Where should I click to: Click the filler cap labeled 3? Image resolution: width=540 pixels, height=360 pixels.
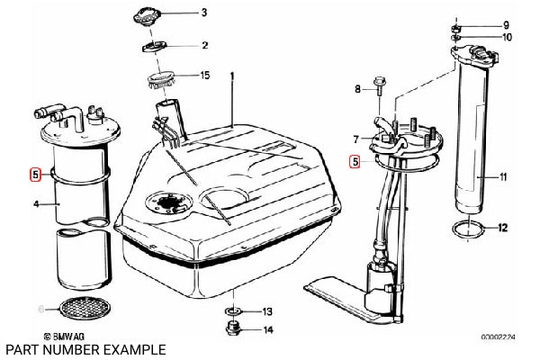147,17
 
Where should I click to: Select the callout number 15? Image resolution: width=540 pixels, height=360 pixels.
205,75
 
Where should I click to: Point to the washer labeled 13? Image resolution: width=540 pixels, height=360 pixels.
233,311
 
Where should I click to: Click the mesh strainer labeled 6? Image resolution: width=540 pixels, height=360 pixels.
85,306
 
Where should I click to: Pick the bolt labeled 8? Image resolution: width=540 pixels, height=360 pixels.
379,85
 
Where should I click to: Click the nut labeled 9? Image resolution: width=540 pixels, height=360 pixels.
455,28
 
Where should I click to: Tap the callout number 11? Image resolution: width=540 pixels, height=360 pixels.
503,177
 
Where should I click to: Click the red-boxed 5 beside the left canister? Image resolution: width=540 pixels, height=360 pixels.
35,175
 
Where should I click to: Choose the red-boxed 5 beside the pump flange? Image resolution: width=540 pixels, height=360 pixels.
355,162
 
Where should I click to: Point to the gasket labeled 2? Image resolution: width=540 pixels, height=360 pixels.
155,46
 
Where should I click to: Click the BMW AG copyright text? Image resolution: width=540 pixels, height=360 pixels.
65,337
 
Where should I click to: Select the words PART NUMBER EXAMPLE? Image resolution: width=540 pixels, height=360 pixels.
86,350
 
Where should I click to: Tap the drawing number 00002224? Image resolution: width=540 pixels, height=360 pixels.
498,337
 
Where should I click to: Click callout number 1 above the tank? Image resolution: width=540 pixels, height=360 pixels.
232,76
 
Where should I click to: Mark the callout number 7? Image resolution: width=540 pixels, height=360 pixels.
356,139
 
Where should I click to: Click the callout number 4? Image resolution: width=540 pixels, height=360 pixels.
36,204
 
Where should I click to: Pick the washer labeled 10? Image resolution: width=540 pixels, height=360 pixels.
455,37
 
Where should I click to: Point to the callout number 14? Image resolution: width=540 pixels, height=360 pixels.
268,330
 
